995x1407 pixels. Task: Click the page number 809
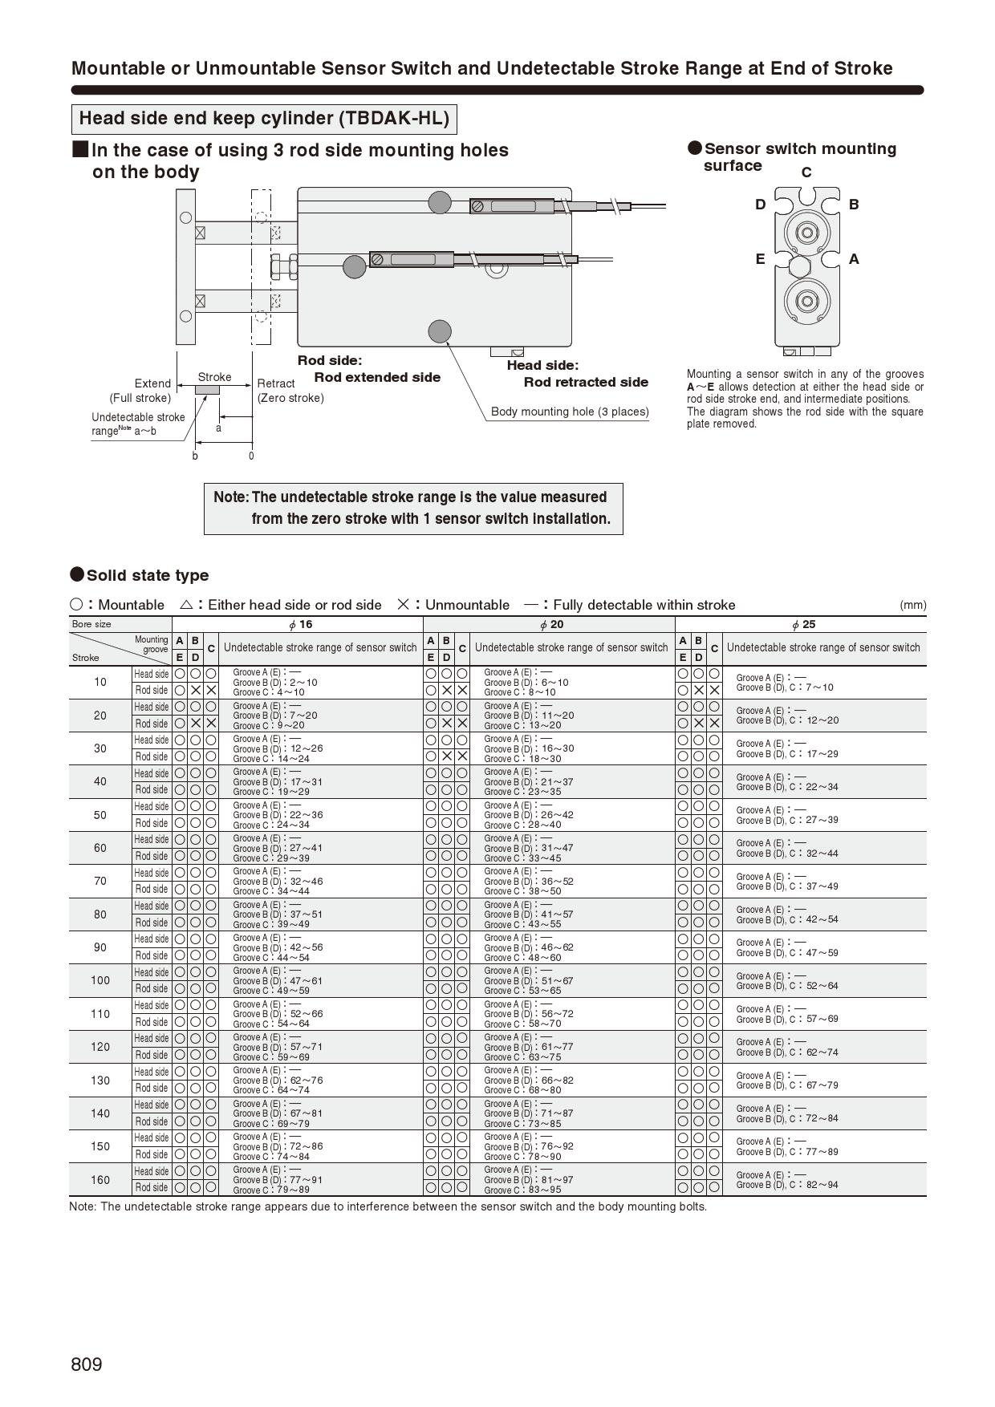(87, 1364)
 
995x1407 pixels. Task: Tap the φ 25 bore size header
(802, 624)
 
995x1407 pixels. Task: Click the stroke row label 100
(100, 980)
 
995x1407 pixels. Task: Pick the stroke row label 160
(100, 1179)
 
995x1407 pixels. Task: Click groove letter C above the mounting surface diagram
(806, 172)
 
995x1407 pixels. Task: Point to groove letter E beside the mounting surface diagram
(760, 259)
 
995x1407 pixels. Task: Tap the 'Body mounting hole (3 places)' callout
(570, 412)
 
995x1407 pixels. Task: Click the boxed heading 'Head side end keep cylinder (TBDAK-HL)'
(264, 119)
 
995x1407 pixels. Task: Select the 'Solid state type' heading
(147, 575)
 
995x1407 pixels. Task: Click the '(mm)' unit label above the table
(912, 605)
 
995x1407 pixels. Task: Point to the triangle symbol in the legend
(186, 605)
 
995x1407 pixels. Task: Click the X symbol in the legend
(404, 605)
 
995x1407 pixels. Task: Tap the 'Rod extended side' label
(377, 377)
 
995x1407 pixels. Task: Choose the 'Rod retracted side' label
(586, 382)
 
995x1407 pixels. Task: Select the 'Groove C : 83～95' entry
(522, 1190)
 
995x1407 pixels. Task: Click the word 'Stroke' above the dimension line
(214, 377)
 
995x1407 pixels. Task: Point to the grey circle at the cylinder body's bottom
(440, 330)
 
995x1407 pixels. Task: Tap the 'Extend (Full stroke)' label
(141, 391)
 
